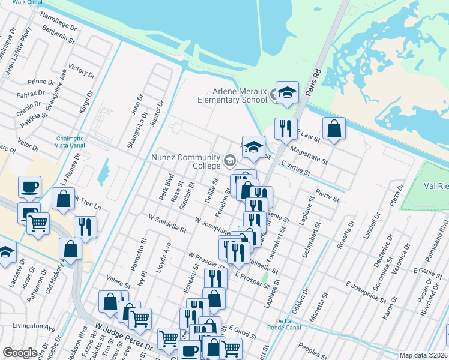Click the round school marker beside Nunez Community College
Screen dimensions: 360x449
pyautogui.click(x=229, y=160)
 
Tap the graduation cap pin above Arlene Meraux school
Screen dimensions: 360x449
pyautogui.click(x=287, y=92)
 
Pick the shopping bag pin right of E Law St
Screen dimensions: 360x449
pyautogui.click(x=334, y=128)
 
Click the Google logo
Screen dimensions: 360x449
pyautogui.click(x=20, y=353)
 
